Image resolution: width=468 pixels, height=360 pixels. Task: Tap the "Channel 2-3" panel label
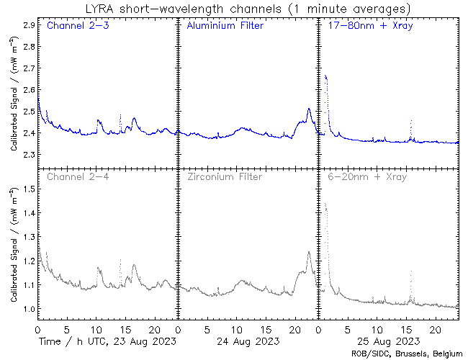(74, 27)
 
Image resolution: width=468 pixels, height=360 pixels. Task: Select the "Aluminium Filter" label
(225, 27)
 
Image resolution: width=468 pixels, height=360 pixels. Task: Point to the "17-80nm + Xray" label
(366, 27)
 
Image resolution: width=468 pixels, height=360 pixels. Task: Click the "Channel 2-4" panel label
(74, 176)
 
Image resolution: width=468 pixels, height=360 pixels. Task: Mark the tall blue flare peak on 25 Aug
(326, 76)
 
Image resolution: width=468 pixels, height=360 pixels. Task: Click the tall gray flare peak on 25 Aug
(325, 204)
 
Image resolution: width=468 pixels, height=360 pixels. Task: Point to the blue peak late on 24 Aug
(309, 109)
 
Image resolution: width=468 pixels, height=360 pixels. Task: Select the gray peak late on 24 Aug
(309, 252)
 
